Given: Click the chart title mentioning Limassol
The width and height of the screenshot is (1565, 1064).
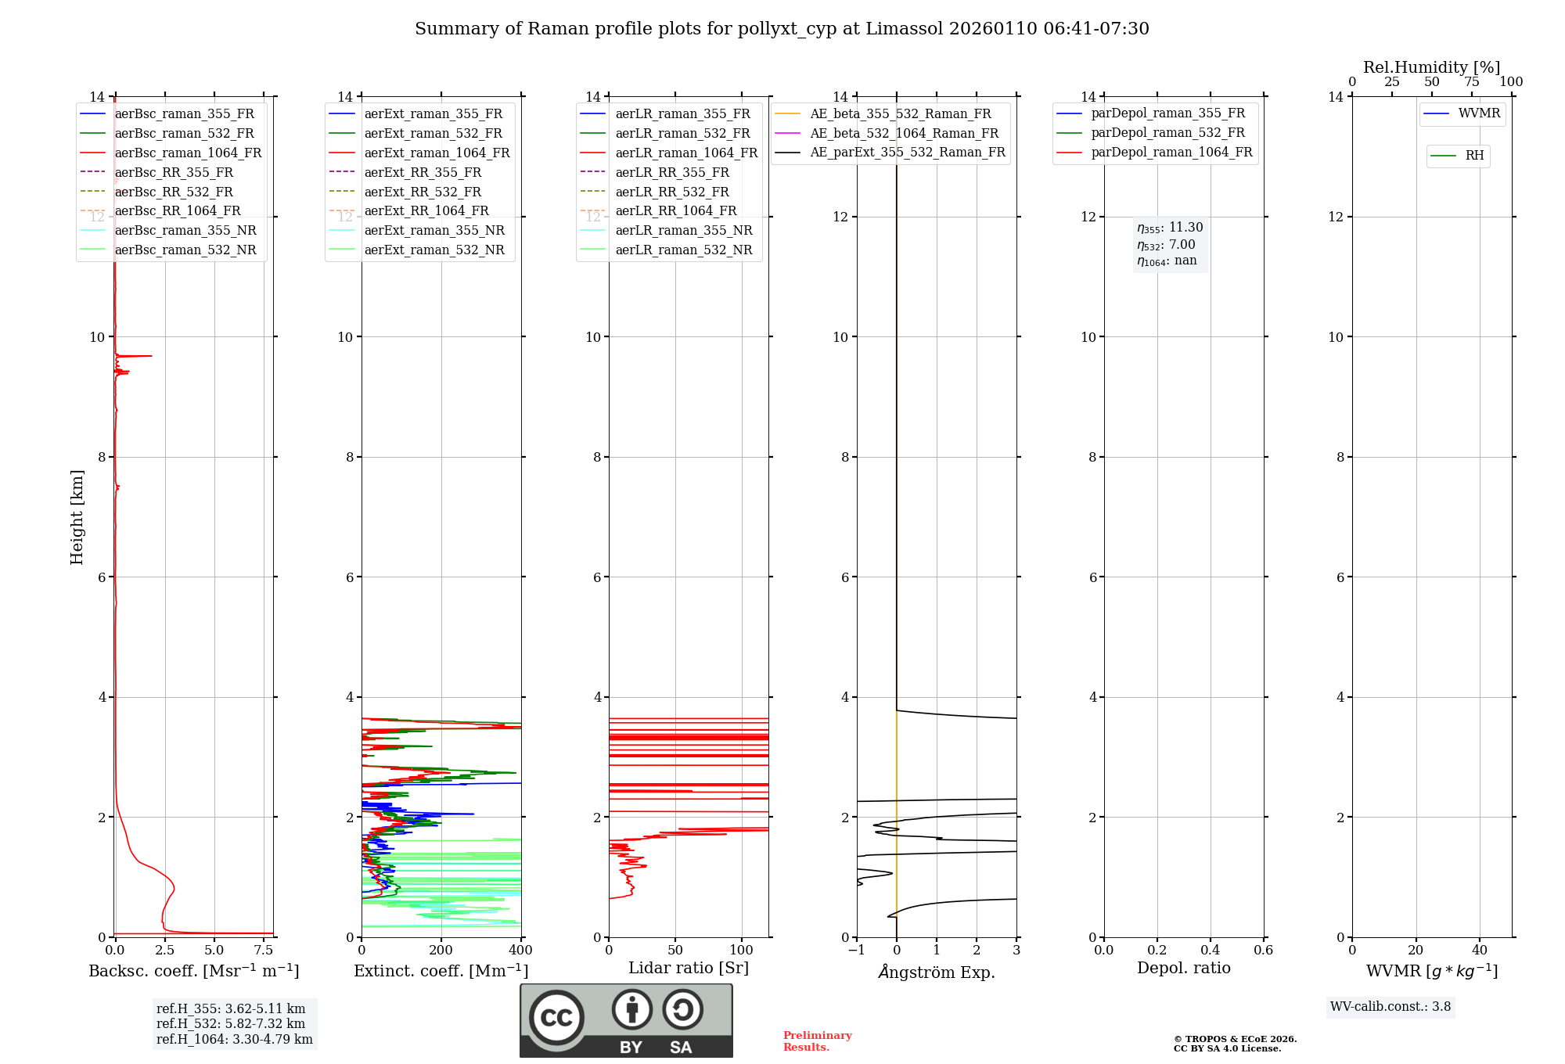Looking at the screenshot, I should pos(782,29).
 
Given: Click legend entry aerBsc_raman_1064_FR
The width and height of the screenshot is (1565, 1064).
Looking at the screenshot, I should pos(188,153).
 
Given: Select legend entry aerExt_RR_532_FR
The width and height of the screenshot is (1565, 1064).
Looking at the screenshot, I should pos(423,192).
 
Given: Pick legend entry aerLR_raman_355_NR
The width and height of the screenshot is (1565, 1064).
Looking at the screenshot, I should pos(683,230).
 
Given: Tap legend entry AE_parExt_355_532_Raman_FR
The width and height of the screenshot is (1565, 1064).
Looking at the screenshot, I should pos(907,152).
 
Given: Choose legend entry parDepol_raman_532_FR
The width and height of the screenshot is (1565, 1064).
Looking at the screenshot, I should pos(1167,133).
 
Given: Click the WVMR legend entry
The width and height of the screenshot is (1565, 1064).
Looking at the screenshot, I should pos(1478,113).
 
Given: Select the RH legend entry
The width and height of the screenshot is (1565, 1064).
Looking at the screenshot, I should pos(1474,156).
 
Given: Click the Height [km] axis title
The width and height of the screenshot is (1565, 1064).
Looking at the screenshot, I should pos(77,517).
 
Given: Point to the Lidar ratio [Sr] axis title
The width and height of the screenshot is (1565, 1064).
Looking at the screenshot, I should pos(689,968).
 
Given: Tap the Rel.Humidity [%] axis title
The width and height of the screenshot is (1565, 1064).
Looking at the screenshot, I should pos(1431,67).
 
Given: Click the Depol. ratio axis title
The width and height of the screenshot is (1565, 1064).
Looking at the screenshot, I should pos(1183,968).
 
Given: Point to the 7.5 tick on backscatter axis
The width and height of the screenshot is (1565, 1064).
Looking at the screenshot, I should pos(264,951).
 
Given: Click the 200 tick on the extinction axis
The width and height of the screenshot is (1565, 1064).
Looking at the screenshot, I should pos(441,951).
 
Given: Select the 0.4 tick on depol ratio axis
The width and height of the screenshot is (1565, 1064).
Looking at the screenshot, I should pos(1211,951).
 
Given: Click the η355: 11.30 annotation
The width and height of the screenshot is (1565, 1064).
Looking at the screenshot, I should pos(1170,228).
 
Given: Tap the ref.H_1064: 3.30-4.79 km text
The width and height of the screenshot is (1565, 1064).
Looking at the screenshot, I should pos(234,1040).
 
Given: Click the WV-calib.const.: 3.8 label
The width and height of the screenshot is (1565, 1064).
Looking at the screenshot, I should pos(1391,1007).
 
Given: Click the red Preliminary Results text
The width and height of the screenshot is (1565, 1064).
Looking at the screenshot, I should pos(817,1041).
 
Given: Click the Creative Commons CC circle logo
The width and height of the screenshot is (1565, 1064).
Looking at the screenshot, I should pos(556,1018).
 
